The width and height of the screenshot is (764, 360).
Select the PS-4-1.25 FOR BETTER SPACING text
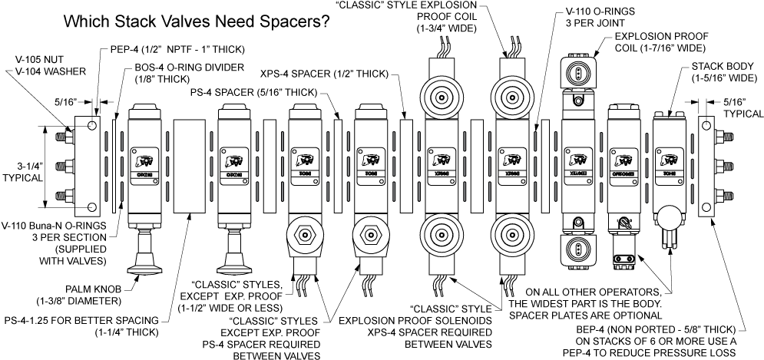coord(84,319)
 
